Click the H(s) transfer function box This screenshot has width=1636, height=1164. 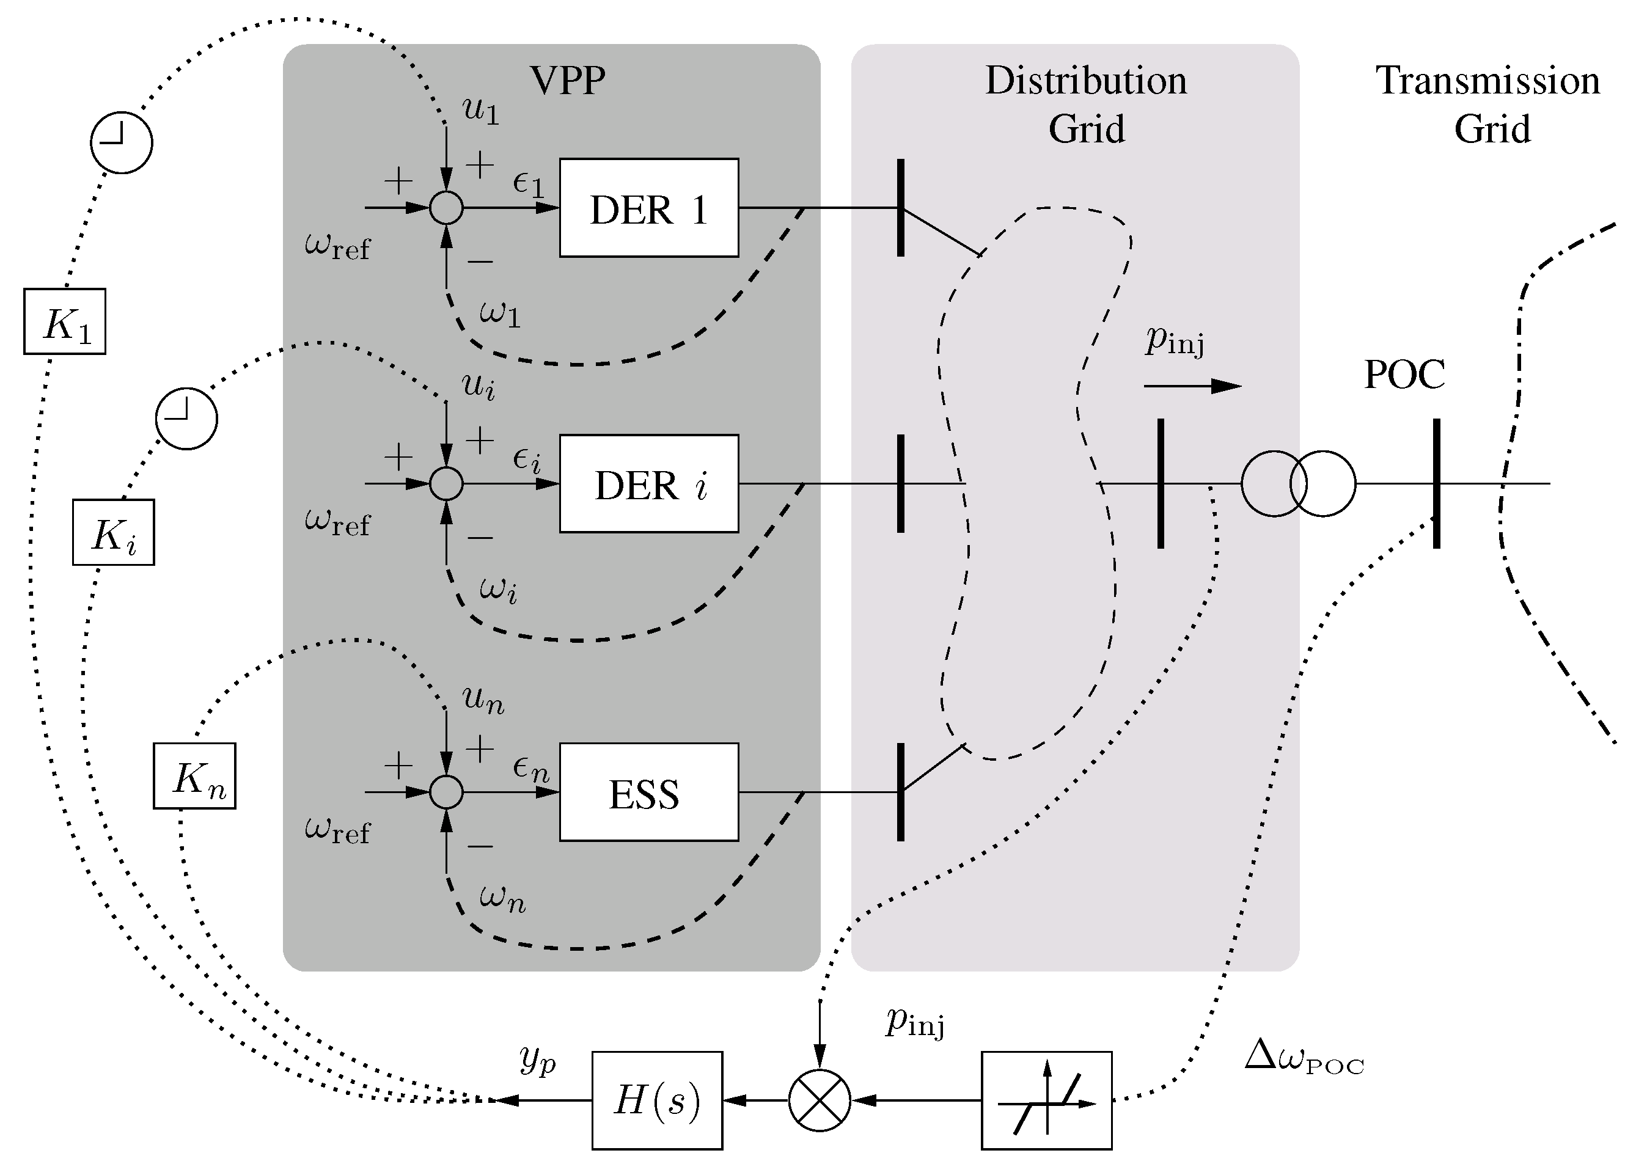657,1100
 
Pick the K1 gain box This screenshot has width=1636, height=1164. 65,321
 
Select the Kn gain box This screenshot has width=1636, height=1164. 194,776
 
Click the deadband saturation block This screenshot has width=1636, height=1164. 1046,1100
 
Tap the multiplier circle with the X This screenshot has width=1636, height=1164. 820,1100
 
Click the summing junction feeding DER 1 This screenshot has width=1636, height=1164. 446,208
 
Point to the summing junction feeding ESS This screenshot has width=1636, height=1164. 446,792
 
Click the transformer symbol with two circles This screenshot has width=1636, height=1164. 1297,484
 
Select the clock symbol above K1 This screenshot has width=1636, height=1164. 121,142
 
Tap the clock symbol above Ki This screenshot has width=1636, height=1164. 186,419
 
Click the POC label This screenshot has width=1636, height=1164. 1404,374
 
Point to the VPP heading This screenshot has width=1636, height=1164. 567,79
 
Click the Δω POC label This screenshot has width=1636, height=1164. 1304,1058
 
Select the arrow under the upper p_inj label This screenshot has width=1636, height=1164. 1192,386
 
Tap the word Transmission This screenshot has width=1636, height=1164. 1487,80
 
